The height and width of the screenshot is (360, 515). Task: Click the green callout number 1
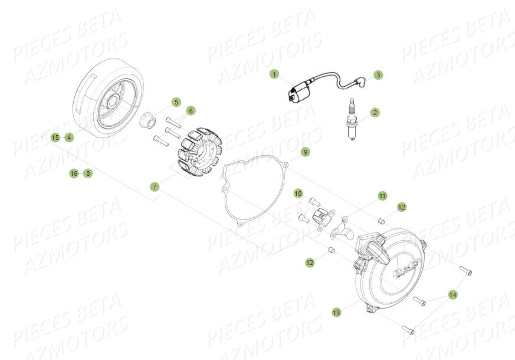(274, 74)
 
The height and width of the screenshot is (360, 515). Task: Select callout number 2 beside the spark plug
(375, 112)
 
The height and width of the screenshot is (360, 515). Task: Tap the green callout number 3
(379, 75)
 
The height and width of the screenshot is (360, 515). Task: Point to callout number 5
(176, 102)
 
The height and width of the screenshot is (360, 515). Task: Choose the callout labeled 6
(191, 110)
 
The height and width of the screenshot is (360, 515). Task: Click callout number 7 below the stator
(155, 186)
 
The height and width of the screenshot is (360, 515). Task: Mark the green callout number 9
(305, 152)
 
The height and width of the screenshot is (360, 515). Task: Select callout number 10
(298, 194)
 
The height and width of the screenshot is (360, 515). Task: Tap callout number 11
(382, 195)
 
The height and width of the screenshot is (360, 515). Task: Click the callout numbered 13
(336, 312)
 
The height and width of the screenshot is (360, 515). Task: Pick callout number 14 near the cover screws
(452, 294)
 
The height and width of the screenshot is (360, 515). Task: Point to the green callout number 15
(55, 138)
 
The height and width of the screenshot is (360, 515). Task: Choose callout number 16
(74, 174)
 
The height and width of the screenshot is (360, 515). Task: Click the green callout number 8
(88, 174)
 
